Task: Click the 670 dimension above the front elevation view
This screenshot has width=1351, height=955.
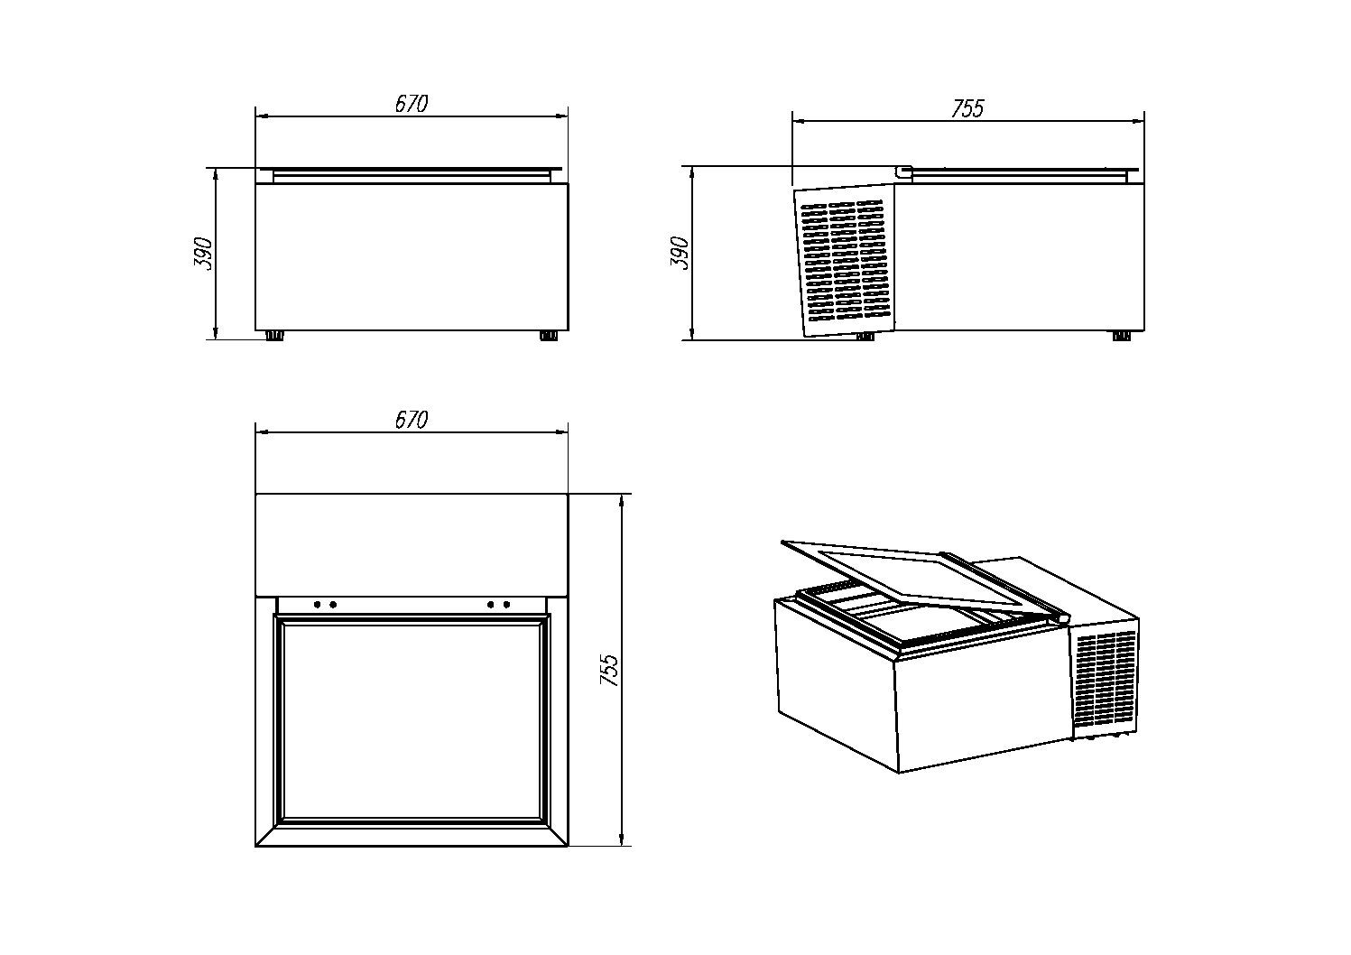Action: click(x=412, y=104)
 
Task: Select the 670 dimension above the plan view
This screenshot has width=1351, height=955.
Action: click(x=412, y=420)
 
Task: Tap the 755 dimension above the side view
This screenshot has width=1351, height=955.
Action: click(x=967, y=108)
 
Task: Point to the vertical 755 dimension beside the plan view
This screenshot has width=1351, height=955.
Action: click(x=610, y=671)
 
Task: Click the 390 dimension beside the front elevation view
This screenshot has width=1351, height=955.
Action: click(x=204, y=254)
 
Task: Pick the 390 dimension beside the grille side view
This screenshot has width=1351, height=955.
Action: click(x=680, y=254)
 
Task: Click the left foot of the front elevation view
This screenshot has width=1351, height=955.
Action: click(x=274, y=336)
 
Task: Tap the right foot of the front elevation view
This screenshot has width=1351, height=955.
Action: click(x=548, y=336)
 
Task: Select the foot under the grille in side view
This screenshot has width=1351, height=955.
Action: click(x=865, y=337)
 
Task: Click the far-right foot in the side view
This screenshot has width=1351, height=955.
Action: click(x=1121, y=336)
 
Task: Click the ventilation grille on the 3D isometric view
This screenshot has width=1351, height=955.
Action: click(x=1106, y=681)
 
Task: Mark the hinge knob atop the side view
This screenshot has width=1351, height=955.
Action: click(x=903, y=171)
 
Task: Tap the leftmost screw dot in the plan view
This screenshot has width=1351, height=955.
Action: click(x=317, y=604)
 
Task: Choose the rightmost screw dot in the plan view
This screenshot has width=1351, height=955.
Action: click(x=507, y=604)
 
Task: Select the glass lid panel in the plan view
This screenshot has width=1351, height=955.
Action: click(x=412, y=720)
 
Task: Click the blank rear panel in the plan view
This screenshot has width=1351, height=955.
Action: click(x=412, y=544)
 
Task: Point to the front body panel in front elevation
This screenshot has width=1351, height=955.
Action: click(x=412, y=257)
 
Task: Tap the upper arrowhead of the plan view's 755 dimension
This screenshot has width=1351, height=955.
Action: click(x=622, y=499)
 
